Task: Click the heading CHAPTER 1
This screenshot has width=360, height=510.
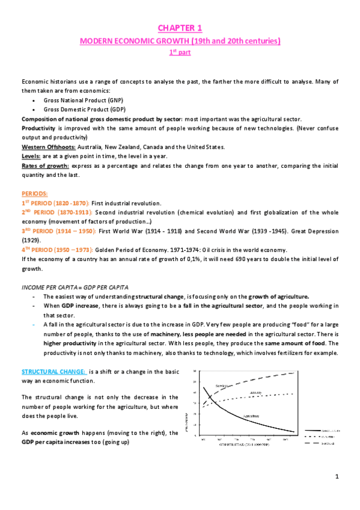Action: coord(180,28)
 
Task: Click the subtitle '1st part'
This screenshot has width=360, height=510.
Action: coord(180,53)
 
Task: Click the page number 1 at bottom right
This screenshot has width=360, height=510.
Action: coord(337,476)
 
